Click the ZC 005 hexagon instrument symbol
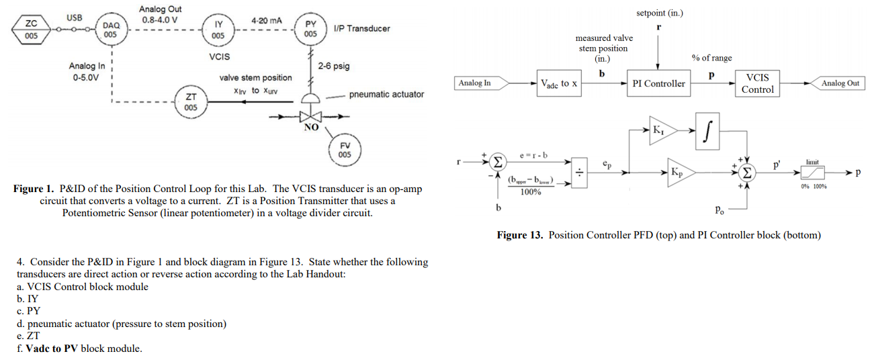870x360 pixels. [32, 30]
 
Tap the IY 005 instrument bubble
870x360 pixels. [218, 29]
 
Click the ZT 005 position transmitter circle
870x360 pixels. [191, 102]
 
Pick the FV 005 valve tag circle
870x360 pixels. [344, 149]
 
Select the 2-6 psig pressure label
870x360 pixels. [334, 66]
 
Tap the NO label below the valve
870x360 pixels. [310, 127]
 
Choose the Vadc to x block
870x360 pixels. [559, 83]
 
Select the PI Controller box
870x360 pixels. [658, 83]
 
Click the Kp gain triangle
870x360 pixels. [679, 173]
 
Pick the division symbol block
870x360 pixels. [578, 173]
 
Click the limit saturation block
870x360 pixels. [814, 173]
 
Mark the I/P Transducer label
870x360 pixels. [361, 28]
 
